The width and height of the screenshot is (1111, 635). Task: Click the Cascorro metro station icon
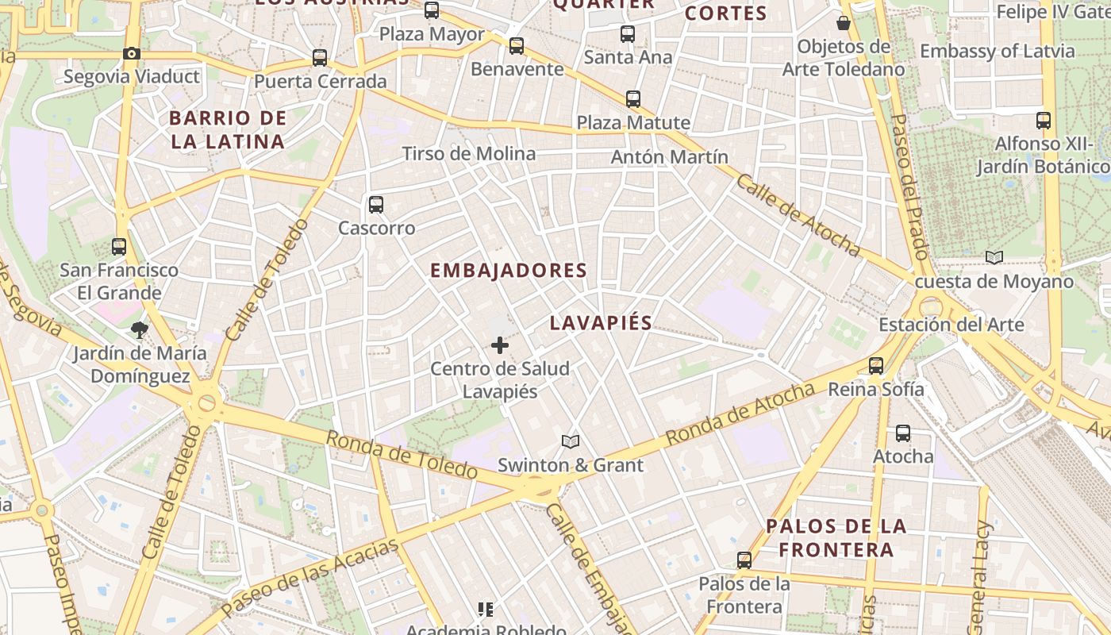tap(376, 205)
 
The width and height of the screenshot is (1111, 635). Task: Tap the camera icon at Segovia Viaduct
tap(132, 54)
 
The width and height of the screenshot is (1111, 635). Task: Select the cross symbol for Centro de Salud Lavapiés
tap(500, 345)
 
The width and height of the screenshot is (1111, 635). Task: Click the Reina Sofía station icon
tap(876, 366)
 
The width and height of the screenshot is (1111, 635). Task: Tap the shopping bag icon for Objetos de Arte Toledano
tap(844, 23)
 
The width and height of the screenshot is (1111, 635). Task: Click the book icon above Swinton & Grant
tap(571, 441)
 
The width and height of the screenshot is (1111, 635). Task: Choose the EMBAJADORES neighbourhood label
tap(509, 271)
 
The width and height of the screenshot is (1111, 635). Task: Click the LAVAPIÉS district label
tap(601, 323)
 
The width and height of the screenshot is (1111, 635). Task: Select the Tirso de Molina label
tap(469, 154)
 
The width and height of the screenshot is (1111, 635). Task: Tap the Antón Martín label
tap(669, 157)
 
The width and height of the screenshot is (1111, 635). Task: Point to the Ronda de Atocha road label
tap(740, 414)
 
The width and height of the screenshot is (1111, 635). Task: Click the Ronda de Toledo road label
tap(402, 456)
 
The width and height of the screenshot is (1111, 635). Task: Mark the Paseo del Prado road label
tap(909, 187)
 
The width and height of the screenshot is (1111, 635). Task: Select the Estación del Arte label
tap(951, 325)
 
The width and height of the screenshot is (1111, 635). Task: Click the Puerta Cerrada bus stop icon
tap(320, 58)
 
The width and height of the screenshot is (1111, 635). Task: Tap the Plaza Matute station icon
tap(633, 99)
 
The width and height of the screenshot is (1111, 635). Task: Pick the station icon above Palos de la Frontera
tap(744, 560)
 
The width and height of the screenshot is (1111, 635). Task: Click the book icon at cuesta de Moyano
tap(994, 257)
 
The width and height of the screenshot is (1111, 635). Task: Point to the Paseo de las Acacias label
tap(309, 579)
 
